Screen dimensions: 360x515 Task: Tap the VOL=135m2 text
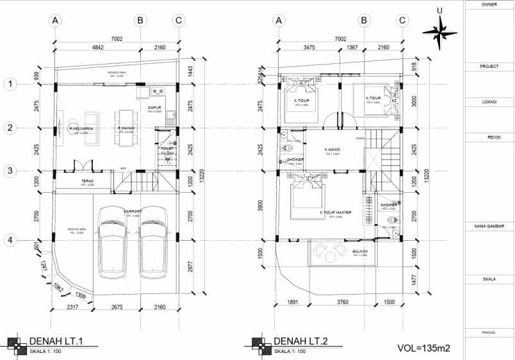click(423, 348)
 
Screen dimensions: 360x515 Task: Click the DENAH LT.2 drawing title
click(300, 341)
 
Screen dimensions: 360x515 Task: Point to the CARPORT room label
click(133, 211)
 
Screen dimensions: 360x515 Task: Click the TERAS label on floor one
click(88, 181)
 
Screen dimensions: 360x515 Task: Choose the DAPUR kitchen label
click(154, 108)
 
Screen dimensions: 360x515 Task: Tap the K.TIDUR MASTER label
click(336, 213)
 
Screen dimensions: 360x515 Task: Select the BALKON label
click(359, 252)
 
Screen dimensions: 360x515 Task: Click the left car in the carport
click(113, 247)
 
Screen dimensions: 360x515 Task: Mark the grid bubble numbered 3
click(10, 171)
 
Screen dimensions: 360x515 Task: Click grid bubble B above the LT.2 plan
click(364, 20)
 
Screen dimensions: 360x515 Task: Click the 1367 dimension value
click(352, 47)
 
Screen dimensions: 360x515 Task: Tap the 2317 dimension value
click(71, 307)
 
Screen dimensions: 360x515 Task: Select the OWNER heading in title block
click(489, 4)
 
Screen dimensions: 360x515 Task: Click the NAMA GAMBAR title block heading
click(489, 226)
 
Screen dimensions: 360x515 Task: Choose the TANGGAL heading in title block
click(489, 332)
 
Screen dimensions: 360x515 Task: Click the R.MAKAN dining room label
click(125, 128)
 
